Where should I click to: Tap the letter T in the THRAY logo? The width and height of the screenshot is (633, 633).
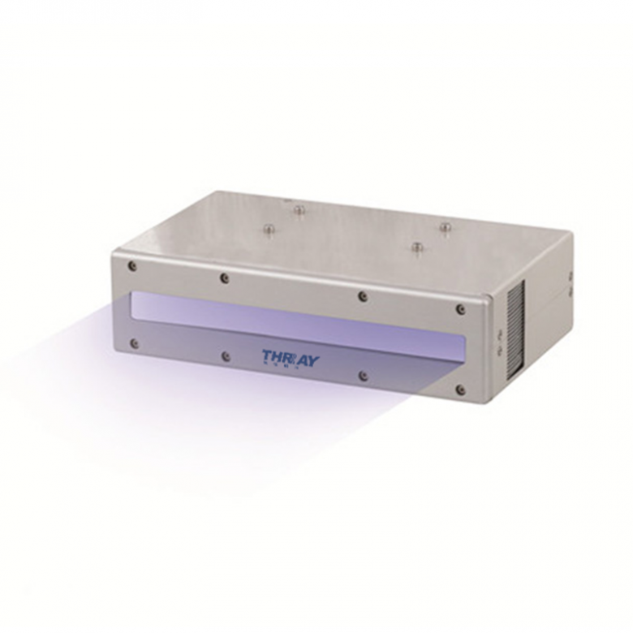click(268, 355)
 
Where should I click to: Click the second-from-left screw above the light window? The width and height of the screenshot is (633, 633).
click(225, 278)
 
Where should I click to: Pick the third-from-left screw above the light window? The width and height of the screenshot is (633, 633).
click(362, 296)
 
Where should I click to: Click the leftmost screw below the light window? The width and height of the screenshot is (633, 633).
click(134, 343)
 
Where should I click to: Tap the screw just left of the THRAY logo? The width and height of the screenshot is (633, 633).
click(226, 356)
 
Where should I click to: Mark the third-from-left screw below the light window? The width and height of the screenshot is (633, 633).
click(363, 376)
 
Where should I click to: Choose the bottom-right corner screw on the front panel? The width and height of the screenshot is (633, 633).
click(461, 390)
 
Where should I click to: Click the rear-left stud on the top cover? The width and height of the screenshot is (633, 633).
click(299, 211)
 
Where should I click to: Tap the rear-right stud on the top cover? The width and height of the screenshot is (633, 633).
click(444, 226)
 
